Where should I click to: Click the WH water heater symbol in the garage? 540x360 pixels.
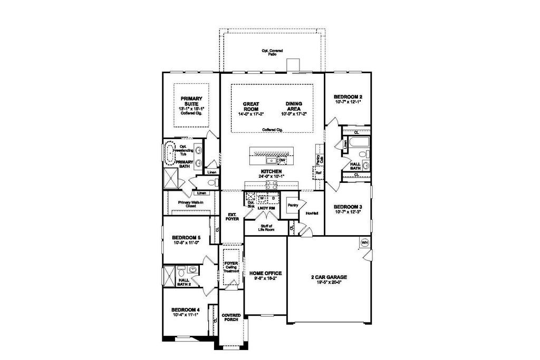[x=364, y=242]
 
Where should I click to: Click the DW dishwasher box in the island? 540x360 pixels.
[x=282, y=160]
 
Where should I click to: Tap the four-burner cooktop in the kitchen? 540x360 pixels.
[x=272, y=184]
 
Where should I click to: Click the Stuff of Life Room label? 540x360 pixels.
[x=266, y=228]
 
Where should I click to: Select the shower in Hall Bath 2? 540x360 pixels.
[x=169, y=276]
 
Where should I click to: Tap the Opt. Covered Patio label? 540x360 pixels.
[x=272, y=52]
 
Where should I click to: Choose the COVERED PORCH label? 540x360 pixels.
[x=231, y=317]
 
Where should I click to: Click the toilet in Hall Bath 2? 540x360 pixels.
[x=181, y=272]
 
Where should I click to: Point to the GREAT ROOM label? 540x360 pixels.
[x=250, y=106]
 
